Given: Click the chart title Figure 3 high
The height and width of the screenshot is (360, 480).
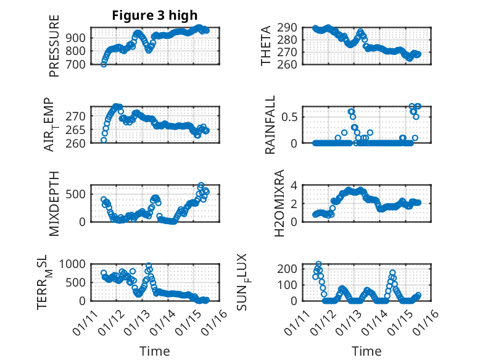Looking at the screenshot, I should click(x=155, y=15).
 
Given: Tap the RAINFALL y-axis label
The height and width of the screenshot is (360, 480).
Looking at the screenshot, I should click(x=270, y=125).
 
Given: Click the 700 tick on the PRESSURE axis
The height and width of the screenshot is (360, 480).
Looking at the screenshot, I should click(x=79, y=64).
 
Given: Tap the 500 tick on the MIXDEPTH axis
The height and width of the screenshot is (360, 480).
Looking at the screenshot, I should click(x=79, y=194).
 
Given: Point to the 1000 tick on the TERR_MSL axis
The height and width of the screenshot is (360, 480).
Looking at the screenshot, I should click(x=75, y=264).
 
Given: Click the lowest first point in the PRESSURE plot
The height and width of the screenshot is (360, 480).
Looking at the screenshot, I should click(x=104, y=64).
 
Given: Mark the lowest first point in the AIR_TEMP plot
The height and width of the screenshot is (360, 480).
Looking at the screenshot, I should click(x=104, y=140).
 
